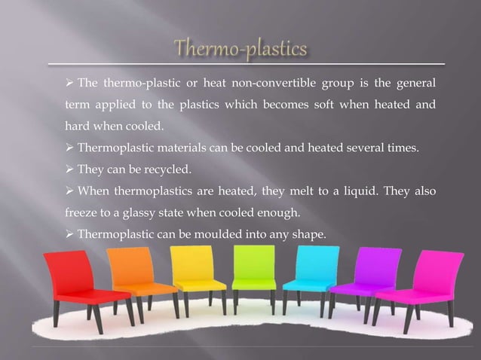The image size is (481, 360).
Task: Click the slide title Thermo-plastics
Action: coord(241,50)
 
